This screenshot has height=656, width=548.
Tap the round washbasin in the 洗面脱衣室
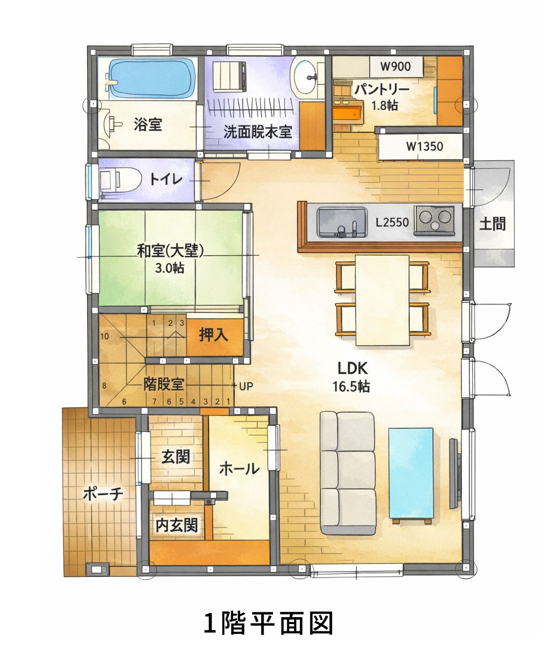point(303,77)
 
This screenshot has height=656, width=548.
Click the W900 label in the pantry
point(396,66)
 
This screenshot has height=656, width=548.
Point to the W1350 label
point(425,146)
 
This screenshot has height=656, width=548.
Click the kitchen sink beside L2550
point(342,222)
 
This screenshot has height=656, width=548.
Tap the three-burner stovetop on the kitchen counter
point(434,220)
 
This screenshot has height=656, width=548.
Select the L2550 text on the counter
point(392,222)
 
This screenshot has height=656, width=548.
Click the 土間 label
point(492,224)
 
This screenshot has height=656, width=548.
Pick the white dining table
point(382,300)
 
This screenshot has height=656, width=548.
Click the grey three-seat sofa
point(348,474)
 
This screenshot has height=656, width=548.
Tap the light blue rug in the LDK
point(411,473)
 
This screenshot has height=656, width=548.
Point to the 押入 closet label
point(213,335)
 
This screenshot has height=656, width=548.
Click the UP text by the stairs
point(246,387)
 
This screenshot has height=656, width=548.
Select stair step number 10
point(105,336)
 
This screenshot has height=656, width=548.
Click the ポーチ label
point(103,494)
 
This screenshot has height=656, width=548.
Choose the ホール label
point(240,469)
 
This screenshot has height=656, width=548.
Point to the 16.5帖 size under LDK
point(351,387)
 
